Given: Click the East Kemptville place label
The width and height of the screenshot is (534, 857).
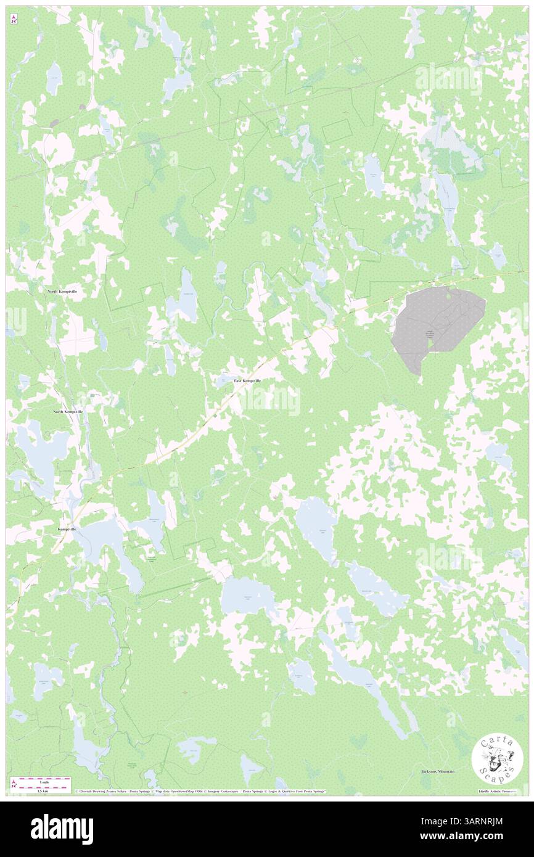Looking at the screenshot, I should pyautogui.click(x=247, y=381).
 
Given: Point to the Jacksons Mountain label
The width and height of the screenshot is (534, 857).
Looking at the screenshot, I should pyautogui.click(x=438, y=771).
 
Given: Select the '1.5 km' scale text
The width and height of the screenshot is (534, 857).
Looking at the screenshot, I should pyautogui.click(x=43, y=791).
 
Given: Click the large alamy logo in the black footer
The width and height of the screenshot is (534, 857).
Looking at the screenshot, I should pyautogui.click(x=62, y=826).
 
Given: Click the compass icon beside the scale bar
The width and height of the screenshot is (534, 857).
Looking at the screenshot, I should pyautogui.click(x=14, y=784).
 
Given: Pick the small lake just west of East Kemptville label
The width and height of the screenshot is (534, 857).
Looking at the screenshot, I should pyautogui.click(x=224, y=381).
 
